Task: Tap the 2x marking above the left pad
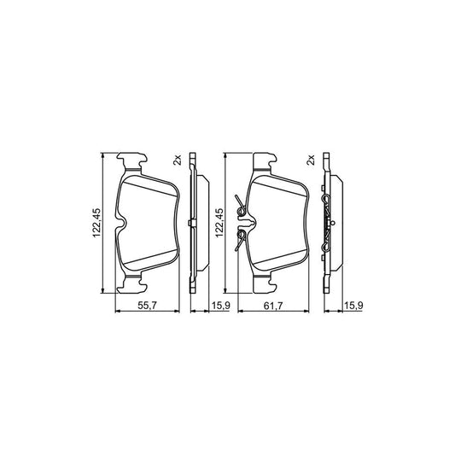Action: [177, 160]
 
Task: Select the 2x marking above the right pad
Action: [310, 160]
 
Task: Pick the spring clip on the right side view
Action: [329, 224]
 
